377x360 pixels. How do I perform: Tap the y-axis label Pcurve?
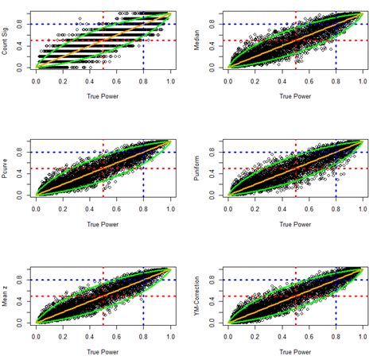coord(6,168)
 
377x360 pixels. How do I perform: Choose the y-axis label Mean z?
coord(6,296)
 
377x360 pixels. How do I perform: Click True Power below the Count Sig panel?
coord(103,101)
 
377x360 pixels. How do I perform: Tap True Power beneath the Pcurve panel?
coord(103,229)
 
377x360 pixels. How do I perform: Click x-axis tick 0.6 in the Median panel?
coord(310,82)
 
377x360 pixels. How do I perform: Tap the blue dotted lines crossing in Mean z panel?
coord(144,280)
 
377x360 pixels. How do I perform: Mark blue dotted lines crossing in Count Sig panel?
coord(144,24)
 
